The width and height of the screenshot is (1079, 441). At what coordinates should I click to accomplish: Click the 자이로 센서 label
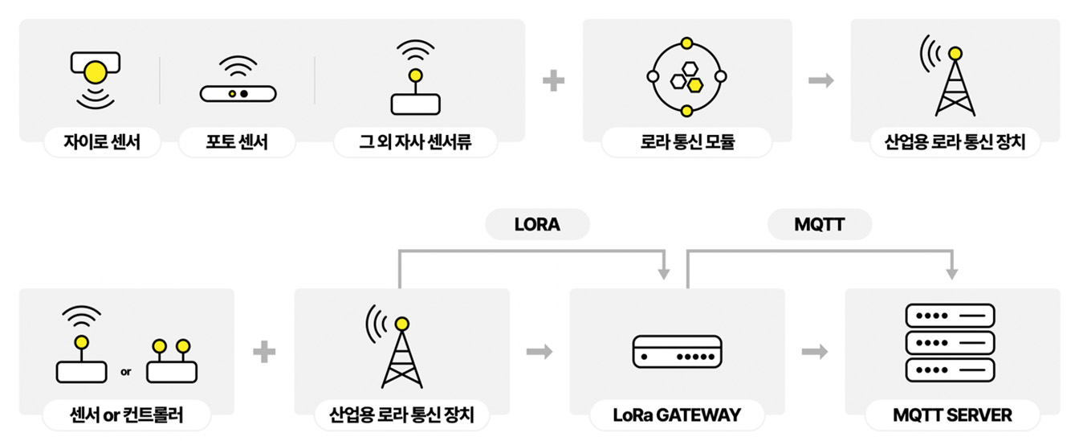(102, 143)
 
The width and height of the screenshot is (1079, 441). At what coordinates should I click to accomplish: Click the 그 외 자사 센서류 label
(415, 143)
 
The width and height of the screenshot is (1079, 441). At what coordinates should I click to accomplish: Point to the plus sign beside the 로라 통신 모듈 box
(553, 80)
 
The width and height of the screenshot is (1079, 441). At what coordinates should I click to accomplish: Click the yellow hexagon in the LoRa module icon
(695, 83)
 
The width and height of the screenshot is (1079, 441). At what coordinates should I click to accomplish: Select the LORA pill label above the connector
(537, 226)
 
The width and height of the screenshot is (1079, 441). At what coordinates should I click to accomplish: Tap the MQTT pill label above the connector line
(819, 226)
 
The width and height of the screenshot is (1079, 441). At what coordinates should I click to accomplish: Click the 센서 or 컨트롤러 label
(125, 415)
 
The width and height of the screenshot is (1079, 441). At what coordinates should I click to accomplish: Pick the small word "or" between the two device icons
(126, 372)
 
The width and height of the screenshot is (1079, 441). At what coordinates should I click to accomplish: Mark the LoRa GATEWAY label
(677, 415)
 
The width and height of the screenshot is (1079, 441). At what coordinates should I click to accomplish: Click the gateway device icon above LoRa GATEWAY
(677, 352)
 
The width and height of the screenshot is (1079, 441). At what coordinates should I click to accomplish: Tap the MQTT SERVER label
(952, 415)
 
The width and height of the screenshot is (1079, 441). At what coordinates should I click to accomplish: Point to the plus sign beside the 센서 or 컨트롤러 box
(264, 352)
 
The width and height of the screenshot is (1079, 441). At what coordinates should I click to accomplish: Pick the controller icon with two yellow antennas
(171, 361)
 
